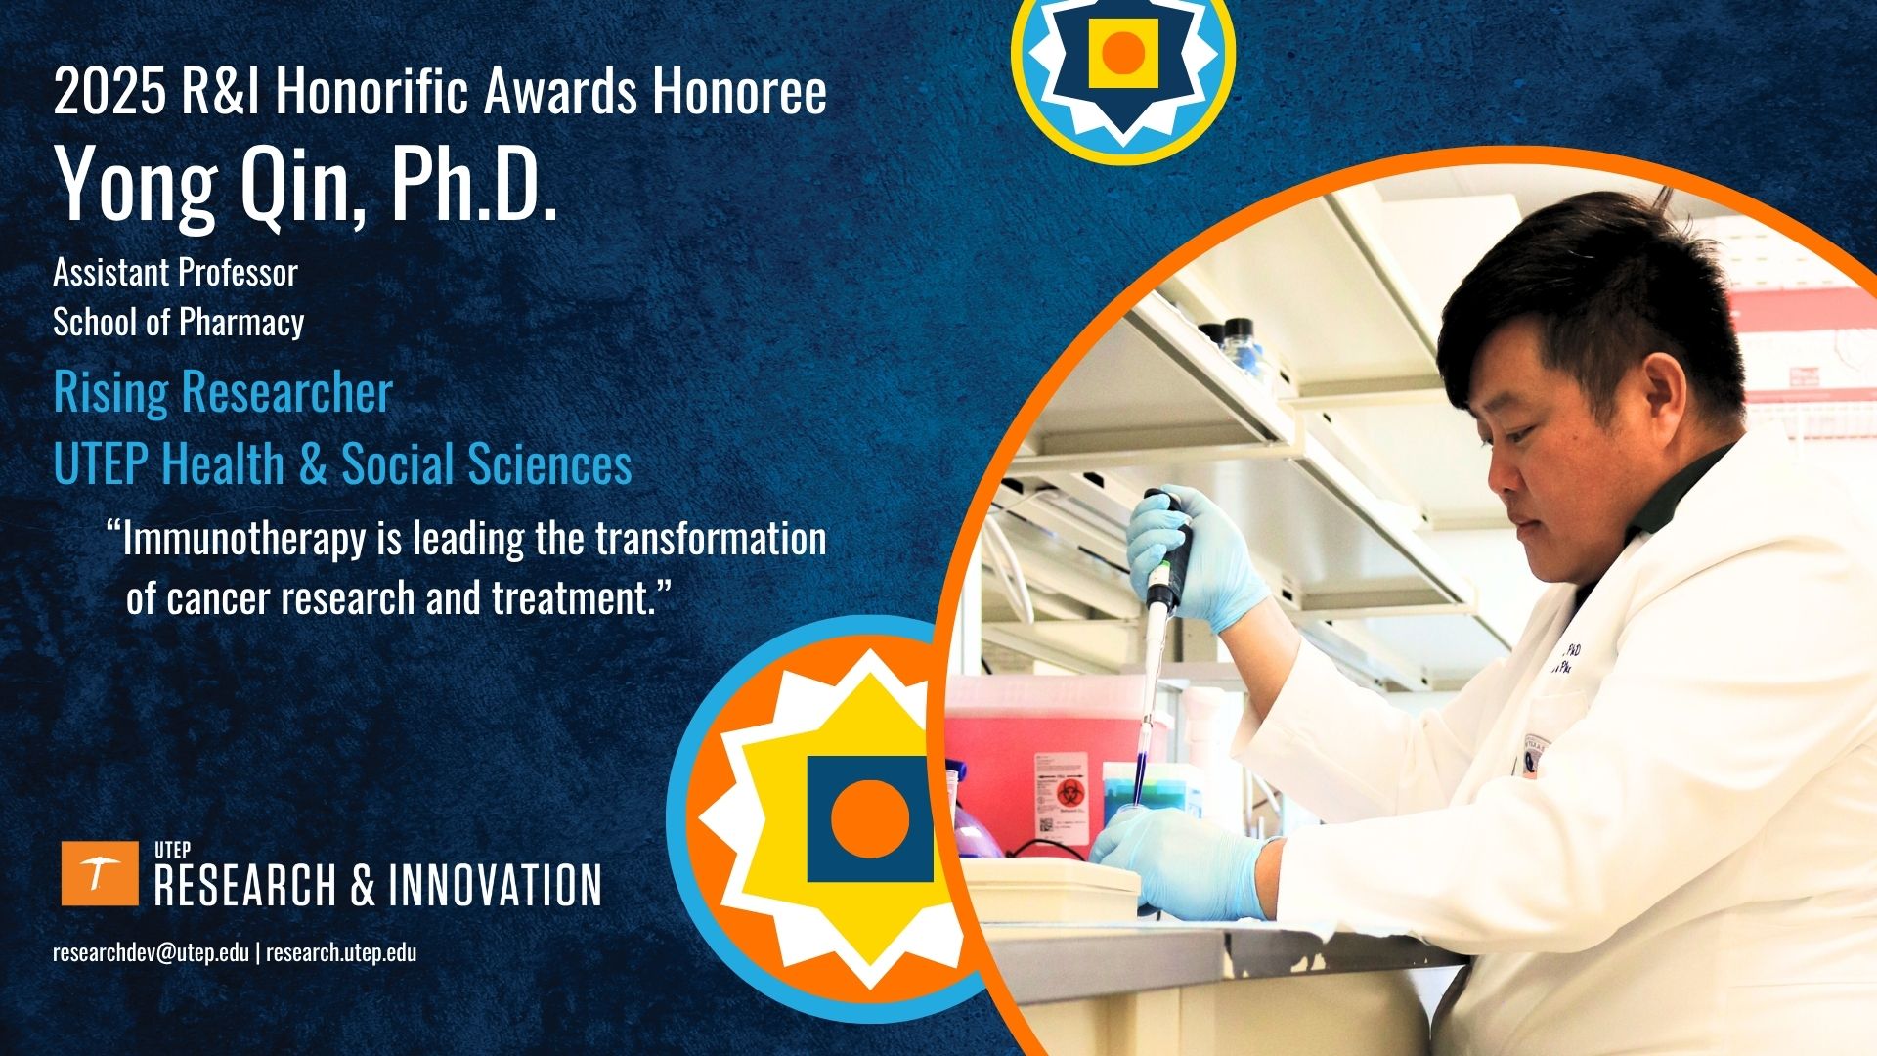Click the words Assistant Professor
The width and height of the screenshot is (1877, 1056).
coord(175,272)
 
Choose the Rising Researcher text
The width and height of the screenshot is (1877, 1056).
coord(223,392)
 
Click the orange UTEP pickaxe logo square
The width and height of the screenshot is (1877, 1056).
coord(100,873)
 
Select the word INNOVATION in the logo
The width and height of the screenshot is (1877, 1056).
coord(495,885)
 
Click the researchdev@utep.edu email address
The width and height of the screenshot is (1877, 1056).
coord(151,952)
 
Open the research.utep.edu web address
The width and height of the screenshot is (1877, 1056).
coord(341,952)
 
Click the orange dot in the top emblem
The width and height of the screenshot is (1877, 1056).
coord(1123,53)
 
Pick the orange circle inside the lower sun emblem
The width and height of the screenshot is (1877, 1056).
coord(869,818)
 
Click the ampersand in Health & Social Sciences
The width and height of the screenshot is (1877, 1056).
coord(313,464)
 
